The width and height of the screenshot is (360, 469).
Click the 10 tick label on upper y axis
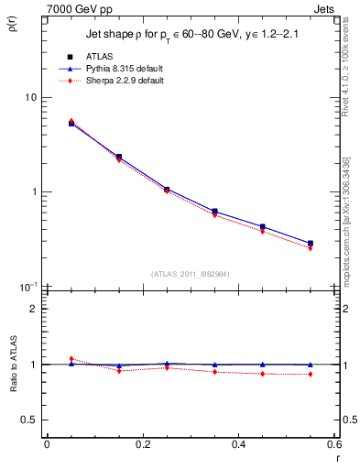29,98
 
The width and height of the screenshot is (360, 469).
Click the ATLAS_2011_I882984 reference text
190,274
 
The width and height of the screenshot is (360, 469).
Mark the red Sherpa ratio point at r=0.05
71,358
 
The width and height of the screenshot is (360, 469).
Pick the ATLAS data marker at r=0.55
311,244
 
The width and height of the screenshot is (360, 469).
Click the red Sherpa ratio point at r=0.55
311,374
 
